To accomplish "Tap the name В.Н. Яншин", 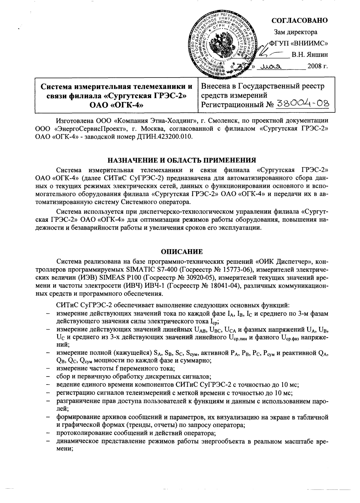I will (x=310, y=55).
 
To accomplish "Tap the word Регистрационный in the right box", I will (x=231, y=105).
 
